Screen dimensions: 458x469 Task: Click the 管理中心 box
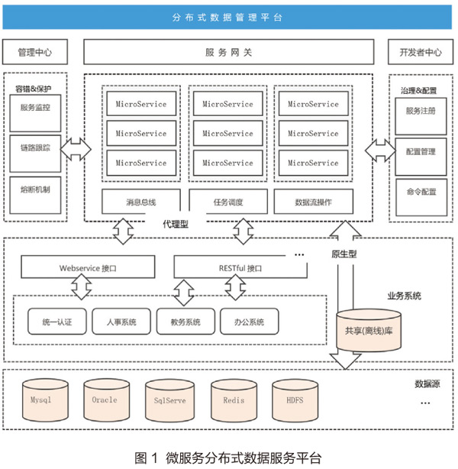tap(35, 52)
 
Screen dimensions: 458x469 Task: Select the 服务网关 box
tap(229, 52)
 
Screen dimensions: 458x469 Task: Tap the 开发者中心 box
tap(421, 52)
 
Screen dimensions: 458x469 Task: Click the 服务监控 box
tap(35, 113)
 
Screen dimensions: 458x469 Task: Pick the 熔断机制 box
tap(35, 195)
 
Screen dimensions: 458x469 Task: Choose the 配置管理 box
tap(421, 157)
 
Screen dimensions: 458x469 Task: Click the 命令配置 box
tap(421, 197)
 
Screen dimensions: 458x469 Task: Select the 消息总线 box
tap(141, 202)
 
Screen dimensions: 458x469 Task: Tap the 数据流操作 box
tap(313, 202)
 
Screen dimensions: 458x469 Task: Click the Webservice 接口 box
tap(88, 267)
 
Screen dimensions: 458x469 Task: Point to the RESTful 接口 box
tap(240, 267)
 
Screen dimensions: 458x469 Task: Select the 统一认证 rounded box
tap(57, 322)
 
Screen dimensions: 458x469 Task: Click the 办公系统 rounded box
tap(250, 322)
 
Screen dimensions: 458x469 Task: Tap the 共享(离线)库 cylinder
tap(369, 331)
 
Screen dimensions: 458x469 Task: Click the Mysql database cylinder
tap(45, 400)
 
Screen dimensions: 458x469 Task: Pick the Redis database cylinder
tap(234, 401)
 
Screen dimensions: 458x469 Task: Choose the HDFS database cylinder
tap(295, 400)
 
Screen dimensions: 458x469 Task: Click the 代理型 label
tap(176, 224)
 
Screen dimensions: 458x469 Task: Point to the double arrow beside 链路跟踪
tap(76, 149)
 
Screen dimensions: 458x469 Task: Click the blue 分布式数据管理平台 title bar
tap(227, 18)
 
